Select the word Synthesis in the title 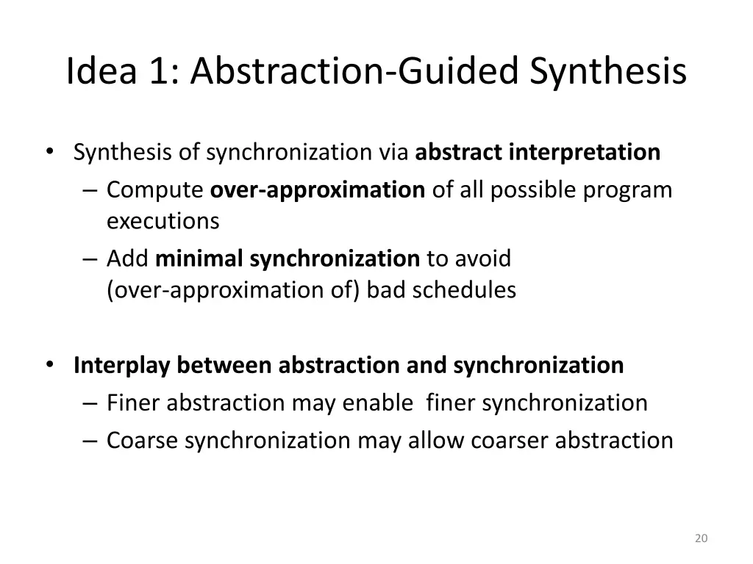pyautogui.click(x=608, y=72)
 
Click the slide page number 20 pyautogui.click(x=701, y=538)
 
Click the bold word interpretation pyautogui.click(x=584, y=152)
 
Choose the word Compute pyautogui.click(x=155, y=190)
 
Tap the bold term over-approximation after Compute pyautogui.click(x=318, y=190)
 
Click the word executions pyautogui.click(x=163, y=220)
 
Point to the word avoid pyautogui.click(x=483, y=258)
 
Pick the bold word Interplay pyautogui.click(x=123, y=365)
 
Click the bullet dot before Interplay pyautogui.click(x=49, y=364)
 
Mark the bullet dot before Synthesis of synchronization pyautogui.click(x=49, y=151)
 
